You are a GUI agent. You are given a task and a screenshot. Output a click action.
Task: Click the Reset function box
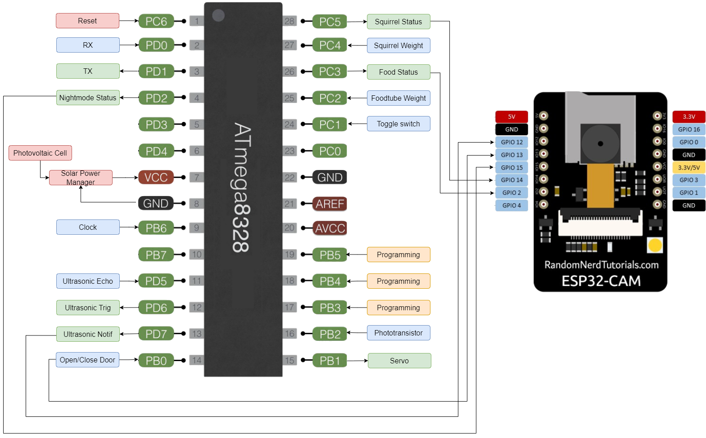click(87, 21)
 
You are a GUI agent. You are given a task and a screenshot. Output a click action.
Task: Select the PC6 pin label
click(156, 21)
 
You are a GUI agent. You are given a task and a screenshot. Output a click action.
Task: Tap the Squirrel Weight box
click(398, 45)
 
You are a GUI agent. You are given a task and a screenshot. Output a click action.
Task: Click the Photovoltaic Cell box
click(40, 153)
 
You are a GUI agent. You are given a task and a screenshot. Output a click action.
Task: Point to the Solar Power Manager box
click(81, 178)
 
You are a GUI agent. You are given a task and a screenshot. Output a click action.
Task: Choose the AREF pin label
click(330, 204)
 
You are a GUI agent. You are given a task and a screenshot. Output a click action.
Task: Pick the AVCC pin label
click(330, 228)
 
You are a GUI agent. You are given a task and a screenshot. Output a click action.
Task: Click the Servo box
click(399, 361)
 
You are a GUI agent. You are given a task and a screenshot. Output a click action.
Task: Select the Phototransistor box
click(398, 333)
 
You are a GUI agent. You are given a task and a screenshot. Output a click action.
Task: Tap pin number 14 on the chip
click(197, 360)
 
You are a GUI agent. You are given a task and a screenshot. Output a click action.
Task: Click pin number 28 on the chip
click(290, 21)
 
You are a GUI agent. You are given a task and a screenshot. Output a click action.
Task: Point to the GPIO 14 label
click(511, 180)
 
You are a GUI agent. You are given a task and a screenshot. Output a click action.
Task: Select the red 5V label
click(511, 116)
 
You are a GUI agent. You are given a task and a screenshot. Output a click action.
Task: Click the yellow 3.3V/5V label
click(689, 167)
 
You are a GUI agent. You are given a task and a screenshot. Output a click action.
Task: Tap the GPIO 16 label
click(689, 129)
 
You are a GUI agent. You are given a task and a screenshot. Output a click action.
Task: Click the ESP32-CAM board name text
click(601, 281)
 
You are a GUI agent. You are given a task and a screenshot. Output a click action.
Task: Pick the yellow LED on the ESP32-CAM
click(655, 245)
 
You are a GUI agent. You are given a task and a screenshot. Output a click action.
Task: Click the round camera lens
click(600, 144)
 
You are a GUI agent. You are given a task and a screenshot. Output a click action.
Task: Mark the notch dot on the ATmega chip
click(218, 15)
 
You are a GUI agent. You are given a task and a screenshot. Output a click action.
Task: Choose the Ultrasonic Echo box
click(88, 281)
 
